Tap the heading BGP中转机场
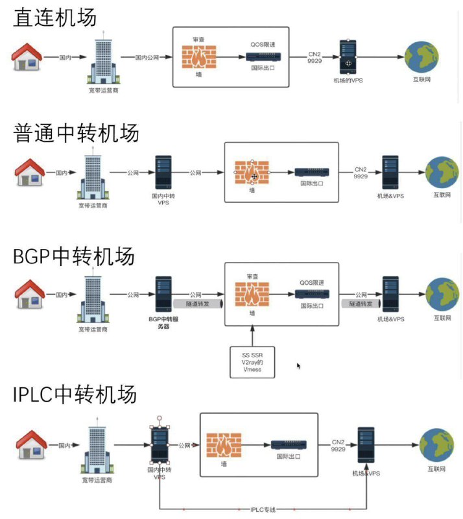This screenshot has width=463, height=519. (x=74, y=256)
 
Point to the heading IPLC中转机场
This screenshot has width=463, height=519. (x=75, y=394)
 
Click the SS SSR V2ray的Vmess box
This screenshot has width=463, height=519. (x=253, y=361)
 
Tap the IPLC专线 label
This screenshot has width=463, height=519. (x=263, y=509)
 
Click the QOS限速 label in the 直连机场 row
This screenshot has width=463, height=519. (x=263, y=45)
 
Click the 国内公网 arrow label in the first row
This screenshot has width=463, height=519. (x=147, y=57)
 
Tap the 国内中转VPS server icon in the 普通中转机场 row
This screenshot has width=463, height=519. (x=163, y=172)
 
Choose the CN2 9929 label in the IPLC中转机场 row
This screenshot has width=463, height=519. (x=338, y=444)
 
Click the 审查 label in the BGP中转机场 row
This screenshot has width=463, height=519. (x=252, y=276)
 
